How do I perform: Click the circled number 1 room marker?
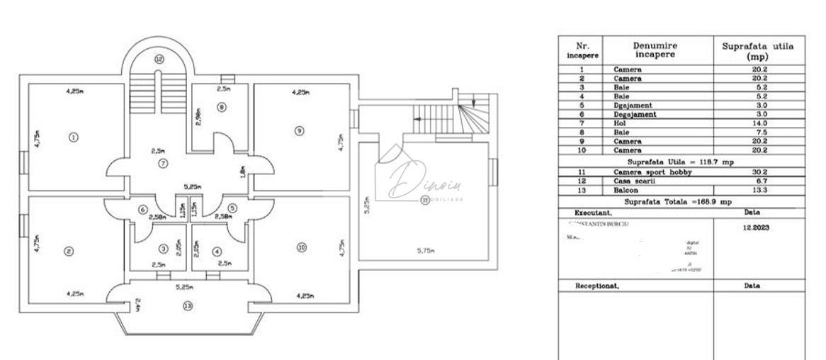point(72,137)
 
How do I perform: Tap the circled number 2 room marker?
point(69,250)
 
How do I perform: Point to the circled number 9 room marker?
point(300,130)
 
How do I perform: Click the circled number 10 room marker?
point(302,247)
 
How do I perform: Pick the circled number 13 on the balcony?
point(187,306)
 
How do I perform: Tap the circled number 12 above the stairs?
point(159,59)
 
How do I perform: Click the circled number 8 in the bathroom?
point(222,107)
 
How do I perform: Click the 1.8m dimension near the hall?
point(242,171)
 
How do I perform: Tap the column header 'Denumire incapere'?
point(655,49)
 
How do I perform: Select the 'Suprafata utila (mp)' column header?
point(758,50)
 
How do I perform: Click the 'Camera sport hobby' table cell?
point(643,172)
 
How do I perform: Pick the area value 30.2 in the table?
point(759,172)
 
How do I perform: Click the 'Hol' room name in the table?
point(621,123)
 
